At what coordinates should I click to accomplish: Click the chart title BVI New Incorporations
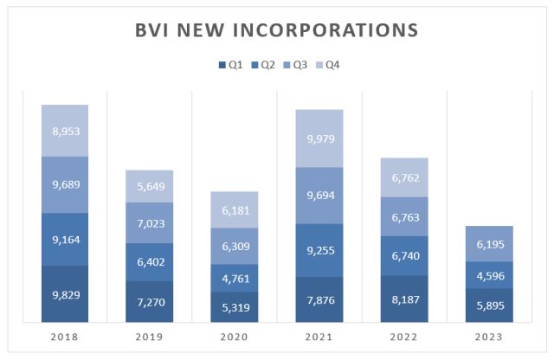coord(277,29)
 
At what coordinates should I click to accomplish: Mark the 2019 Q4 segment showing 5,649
coord(150,186)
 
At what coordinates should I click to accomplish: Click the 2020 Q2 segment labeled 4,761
coord(235,278)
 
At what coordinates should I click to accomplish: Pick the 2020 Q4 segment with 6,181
coord(235,209)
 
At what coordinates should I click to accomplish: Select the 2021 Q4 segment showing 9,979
coord(319,138)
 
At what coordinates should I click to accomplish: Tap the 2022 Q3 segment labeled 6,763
coord(404,216)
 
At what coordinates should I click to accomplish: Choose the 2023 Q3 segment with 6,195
coord(488,244)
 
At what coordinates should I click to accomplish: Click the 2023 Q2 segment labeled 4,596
coord(488,275)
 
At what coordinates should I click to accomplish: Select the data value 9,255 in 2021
coord(319,250)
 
